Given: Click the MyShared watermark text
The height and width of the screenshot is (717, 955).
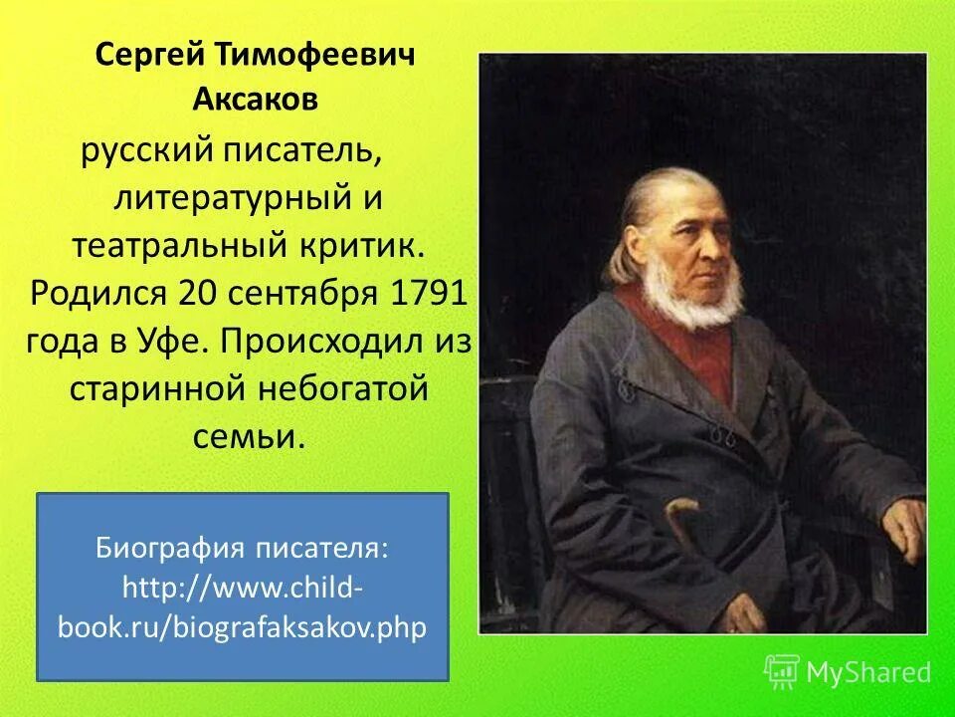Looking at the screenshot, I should [x=868, y=671].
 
